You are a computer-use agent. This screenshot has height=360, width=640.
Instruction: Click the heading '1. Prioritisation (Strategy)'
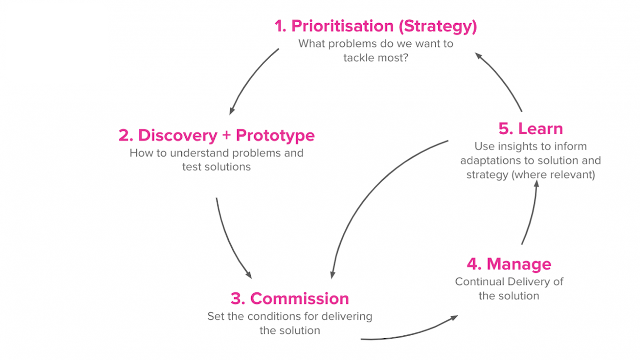coord(376,26)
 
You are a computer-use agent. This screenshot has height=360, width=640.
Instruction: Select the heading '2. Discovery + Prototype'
coord(216,136)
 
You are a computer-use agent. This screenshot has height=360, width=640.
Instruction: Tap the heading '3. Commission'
coord(289,298)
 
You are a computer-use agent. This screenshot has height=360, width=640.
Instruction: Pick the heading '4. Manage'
coord(509,264)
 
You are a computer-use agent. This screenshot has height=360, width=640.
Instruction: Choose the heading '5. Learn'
coord(530,129)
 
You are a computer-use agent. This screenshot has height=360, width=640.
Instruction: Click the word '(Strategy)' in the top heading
coord(437,26)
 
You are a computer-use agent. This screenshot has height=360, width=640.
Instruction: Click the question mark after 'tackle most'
coord(405,57)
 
